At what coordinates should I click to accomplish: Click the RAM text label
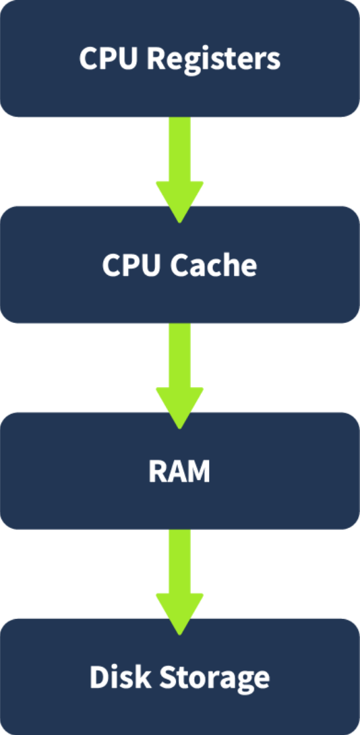pos(179,471)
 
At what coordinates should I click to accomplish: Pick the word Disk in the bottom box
pos(119,677)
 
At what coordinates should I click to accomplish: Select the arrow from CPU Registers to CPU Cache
pos(179,162)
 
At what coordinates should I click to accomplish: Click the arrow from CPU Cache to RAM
pos(179,367)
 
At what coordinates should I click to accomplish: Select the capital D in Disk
pos(99,677)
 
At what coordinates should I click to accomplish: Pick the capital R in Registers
pos(154,59)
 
